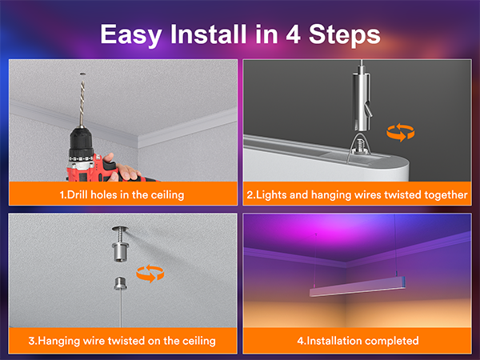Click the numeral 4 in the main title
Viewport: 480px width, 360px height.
tap(293, 34)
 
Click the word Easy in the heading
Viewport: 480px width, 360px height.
tap(131, 35)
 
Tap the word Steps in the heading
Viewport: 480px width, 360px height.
tap(344, 35)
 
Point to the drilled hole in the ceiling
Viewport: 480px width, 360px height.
tap(82, 74)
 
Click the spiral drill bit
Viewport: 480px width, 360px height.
tap(82, 103)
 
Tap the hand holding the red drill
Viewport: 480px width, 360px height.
tap(122, 169)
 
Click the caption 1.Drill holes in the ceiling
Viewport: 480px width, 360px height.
tap(122, 194)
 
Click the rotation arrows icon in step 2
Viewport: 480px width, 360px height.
tap(401, 132)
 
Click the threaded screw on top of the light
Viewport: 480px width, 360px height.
tap(358, 146)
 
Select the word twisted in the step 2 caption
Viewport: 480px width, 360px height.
tap(402, 194)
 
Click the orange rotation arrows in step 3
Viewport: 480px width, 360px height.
tap(150, 274)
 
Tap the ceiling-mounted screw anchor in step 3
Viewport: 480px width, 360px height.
tap(120, 243)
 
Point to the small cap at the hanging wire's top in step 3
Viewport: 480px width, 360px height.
tap(121, 283)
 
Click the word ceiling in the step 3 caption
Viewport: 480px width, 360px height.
tap(199, 341)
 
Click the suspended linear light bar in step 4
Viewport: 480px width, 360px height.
tap(358, 286)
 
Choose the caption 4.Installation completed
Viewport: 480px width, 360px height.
tap(358, 341)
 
